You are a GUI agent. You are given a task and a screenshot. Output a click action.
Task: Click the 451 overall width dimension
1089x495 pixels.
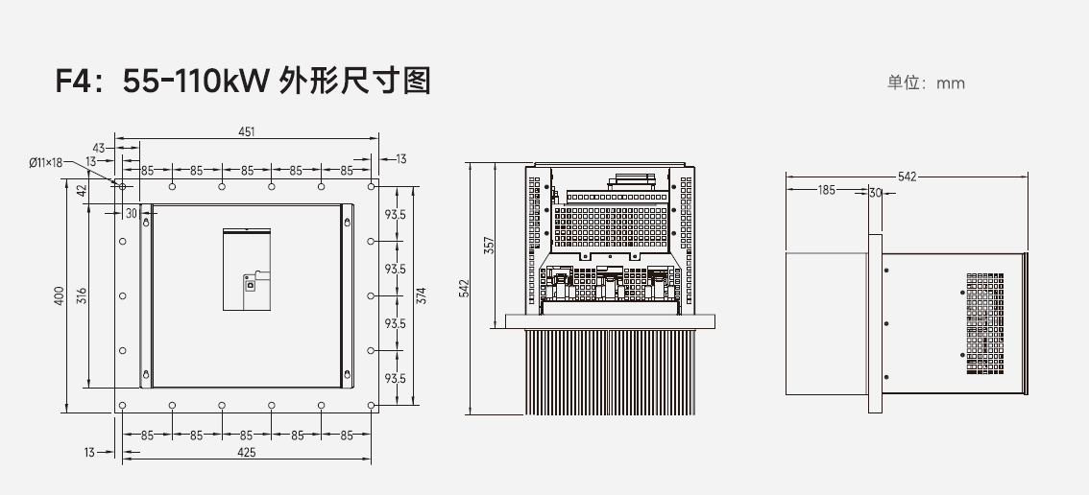coord(247,131)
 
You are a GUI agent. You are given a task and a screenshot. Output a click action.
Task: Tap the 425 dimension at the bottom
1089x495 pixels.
coord(247,453)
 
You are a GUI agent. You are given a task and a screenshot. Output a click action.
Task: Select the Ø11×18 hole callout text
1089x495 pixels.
coord(45,163)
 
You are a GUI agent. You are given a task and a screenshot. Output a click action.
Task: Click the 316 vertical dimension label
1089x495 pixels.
coord(82,295)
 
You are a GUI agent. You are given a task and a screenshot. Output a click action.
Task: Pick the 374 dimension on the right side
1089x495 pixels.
coord(421,295)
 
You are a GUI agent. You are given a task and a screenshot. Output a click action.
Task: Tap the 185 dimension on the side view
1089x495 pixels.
coord(826,190)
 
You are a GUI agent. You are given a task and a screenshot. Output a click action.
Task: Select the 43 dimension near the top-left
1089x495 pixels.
coord(98,148)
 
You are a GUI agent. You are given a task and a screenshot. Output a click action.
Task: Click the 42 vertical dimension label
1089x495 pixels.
coord(82,190)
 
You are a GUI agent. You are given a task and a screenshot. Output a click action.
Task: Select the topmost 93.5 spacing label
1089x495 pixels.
coord(394,214)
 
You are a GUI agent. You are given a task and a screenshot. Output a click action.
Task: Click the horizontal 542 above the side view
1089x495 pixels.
coord(907,177)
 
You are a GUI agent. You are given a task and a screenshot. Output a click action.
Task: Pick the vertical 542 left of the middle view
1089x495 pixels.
coord(464,288)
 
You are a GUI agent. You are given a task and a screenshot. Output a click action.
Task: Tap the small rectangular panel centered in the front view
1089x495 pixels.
coord(247,270)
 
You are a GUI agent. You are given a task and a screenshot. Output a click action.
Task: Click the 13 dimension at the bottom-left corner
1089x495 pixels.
coord(89,452)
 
